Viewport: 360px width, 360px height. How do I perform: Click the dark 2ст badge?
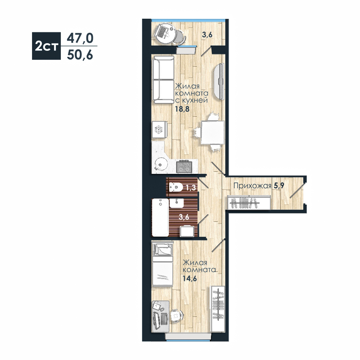(46, 46)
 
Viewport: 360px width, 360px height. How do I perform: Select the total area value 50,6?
(80, 55)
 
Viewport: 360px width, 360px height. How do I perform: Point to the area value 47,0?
(80, 38)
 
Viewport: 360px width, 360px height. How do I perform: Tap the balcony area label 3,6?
(207, 35)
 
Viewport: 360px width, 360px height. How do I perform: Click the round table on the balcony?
(165, 34)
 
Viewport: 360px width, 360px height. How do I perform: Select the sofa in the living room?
(163, 80)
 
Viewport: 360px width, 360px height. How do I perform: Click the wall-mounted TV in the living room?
(219, 81)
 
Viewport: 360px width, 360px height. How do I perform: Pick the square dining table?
(213, 132)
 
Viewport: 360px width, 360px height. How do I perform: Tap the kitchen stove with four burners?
(184, 167)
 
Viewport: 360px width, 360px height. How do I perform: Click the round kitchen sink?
(161, 163)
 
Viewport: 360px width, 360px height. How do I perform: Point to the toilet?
(175, 187)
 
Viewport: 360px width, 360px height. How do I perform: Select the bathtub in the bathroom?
(160, 217)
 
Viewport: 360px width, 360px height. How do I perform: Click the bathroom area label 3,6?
(184, 217)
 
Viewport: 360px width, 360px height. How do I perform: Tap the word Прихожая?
(252, 186)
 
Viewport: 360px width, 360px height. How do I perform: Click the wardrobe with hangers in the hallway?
(249, 202)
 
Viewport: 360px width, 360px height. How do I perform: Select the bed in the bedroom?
(163, 264)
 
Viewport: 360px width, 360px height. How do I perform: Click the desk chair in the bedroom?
(176, 316)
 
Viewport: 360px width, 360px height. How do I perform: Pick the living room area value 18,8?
(182, 109)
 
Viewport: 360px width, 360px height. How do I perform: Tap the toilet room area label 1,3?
(191, 188)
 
